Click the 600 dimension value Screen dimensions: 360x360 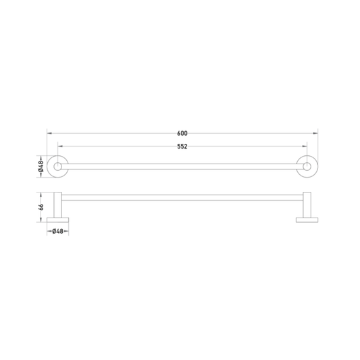(182, 133)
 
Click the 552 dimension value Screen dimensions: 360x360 (182, 147)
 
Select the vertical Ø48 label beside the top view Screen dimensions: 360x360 (41, 166)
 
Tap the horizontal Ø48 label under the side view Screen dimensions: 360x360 (57, 231)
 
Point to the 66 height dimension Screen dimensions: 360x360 (41, 207)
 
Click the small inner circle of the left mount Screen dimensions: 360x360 (57, 166)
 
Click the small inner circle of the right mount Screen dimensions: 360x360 (307, 166)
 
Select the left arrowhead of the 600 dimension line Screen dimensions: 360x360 (49, 133)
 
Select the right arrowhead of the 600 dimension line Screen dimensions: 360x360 (315, 133)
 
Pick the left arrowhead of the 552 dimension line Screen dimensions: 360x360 (60, 147)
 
